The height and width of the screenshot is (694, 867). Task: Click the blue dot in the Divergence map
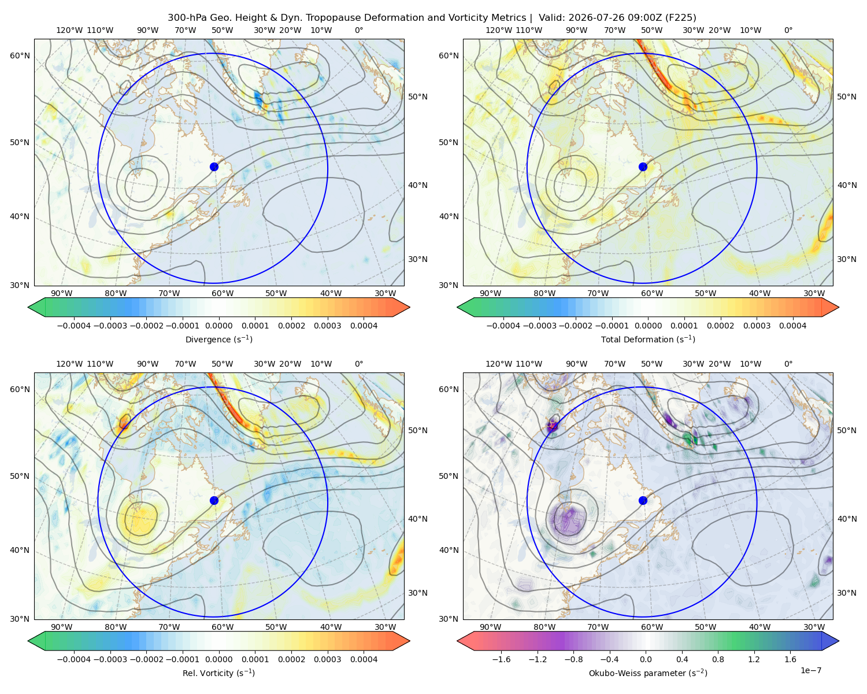[214, 167]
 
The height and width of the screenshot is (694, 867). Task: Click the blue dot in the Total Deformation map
[643, 167]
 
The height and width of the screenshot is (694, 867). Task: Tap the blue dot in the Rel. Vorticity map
[214, 500]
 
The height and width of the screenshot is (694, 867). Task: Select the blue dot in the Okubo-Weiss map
[643, 500]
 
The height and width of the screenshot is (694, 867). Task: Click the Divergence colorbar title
[218, 339]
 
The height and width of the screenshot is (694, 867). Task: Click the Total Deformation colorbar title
[648, 339]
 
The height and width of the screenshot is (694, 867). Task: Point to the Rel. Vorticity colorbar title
[218, 673]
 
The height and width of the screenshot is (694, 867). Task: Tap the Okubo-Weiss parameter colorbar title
[648, 673]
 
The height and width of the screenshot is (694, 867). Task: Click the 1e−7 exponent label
[810, 670]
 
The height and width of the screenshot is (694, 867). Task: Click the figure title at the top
[432, 17]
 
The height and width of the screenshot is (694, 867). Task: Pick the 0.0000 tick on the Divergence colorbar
[218, 326]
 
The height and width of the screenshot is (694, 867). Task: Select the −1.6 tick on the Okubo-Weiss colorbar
[501, 659]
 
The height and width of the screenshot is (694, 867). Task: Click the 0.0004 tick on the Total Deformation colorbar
[792, 326]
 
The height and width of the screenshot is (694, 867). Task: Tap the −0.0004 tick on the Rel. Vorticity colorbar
[74, 659]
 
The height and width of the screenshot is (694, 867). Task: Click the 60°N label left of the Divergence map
[20, 56]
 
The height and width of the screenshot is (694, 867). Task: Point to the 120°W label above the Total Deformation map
[498, 30]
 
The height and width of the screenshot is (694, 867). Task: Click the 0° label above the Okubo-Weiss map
[788, 363]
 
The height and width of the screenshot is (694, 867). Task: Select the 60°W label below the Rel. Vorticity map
[223, 626]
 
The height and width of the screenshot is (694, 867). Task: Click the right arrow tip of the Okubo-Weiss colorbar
[839, 640]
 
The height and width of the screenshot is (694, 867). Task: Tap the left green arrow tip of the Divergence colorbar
[28, 307]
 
